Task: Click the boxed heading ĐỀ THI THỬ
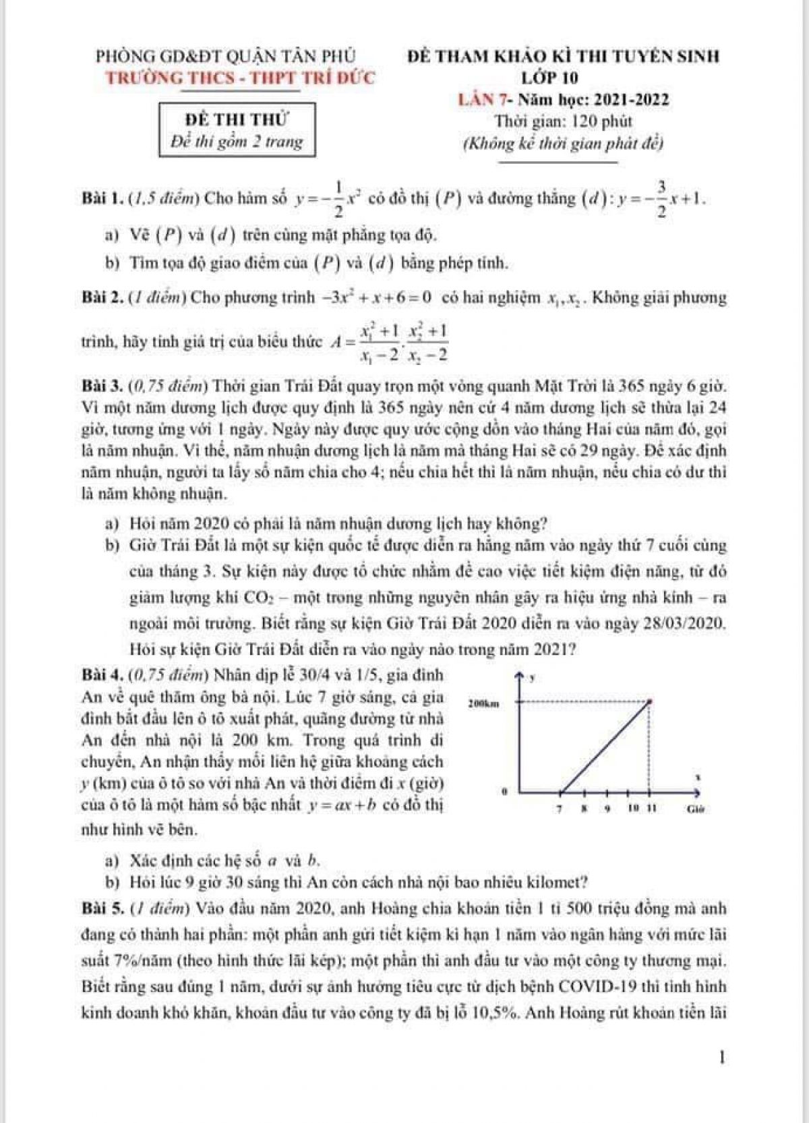click(237, 121)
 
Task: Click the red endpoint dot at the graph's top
click(650, 701)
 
